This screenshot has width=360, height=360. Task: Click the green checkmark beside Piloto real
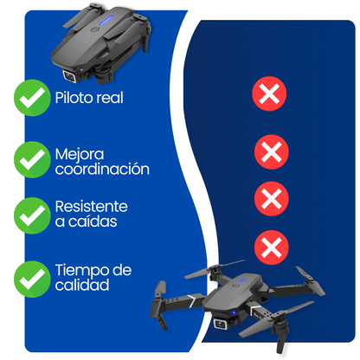pos(32,99)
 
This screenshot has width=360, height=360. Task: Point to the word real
pos(108,97)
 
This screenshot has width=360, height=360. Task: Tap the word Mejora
pos(76,153)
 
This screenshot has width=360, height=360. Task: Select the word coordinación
pos(102,170)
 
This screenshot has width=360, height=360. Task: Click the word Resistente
pos(91,207)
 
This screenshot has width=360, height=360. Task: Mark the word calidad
pos(82,286)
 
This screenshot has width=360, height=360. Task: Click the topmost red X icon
pos(270,94)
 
